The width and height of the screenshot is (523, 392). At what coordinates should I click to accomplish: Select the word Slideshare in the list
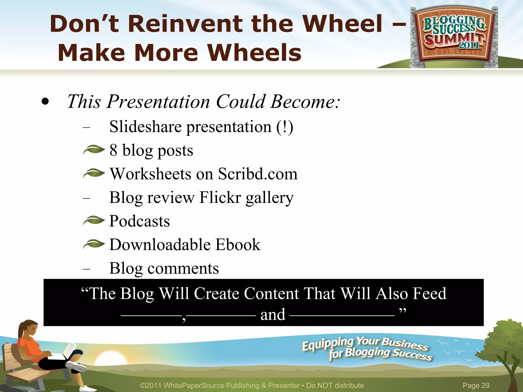(145, 127)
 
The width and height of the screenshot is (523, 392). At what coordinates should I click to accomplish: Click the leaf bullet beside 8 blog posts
(94, 150)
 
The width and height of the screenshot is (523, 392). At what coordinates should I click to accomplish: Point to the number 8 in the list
(113, 150)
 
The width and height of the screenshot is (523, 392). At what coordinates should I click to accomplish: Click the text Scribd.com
(258, 174)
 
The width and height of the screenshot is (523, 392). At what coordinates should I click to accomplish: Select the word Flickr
(220, 198)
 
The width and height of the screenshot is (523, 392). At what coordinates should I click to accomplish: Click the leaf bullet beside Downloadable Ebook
(94, 244)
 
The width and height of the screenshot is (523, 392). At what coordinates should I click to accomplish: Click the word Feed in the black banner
(429, 293)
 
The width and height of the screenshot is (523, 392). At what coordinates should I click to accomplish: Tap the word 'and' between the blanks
(273, 315)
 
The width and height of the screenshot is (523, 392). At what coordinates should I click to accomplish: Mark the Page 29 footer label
(476, 385)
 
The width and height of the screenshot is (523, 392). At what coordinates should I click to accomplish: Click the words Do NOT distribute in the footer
(335, 385)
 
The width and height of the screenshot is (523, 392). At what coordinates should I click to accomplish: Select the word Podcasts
(139, 221)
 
